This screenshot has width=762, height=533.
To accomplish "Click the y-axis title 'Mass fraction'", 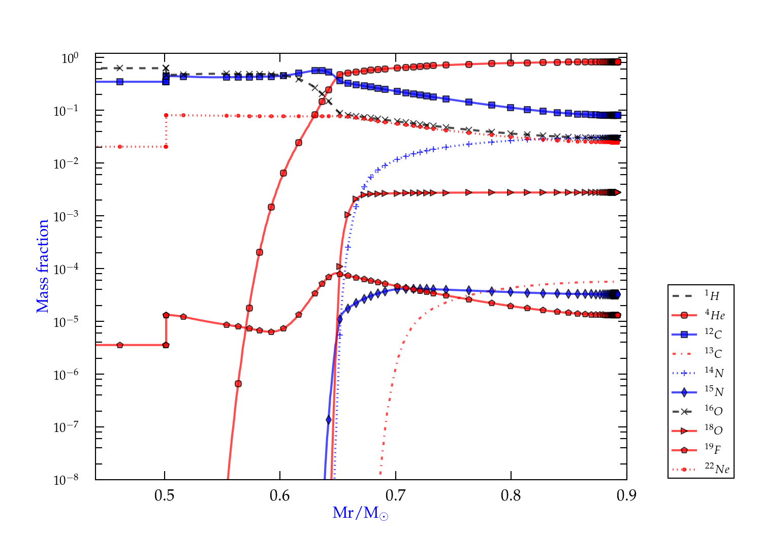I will (43, 266).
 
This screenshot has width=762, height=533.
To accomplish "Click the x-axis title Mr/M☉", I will (360, 513).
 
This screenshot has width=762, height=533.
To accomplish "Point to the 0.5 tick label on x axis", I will (165, 495).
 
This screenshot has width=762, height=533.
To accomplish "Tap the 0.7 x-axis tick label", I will (395, 495).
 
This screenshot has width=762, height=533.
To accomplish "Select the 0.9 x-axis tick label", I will (626, 495).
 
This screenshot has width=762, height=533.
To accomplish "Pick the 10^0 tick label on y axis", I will (70, 58).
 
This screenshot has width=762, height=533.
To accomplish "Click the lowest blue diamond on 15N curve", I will (329, 420).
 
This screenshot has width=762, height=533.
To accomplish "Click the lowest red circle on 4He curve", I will (238, 384).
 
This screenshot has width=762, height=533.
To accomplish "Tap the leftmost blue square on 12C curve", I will (120, 81).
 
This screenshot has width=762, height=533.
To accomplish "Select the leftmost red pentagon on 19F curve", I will (120, 345).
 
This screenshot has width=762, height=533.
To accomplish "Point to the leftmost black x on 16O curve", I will (120, 68).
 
